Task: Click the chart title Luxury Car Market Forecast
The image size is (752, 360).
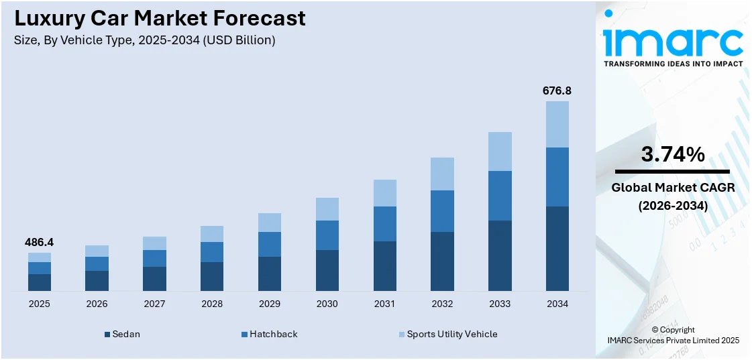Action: click(160, 18)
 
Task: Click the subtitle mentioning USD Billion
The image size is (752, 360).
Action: click(144, 40)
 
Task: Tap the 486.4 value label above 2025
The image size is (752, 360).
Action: click(40, 242)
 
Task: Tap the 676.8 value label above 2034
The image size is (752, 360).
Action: click(557, 91)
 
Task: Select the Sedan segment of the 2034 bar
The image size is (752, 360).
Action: click(557, 248)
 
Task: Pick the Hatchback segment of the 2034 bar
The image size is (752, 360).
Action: click(557, 177)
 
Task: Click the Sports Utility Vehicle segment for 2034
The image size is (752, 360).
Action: click(557, 124)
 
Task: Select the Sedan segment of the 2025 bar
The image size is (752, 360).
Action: click(40, 282)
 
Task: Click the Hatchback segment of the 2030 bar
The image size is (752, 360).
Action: click(327, 235)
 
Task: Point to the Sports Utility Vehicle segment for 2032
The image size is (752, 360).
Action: click(442, 174)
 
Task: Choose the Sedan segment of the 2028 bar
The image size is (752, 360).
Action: click(212, 276)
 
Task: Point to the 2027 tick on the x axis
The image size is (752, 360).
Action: click(154, 304)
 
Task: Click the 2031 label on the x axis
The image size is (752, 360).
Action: click(384, 304)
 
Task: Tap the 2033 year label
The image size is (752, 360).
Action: click(500, 304)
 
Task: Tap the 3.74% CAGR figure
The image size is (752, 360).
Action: click(673, 155)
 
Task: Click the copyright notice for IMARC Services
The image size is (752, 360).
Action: click(673, 335)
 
